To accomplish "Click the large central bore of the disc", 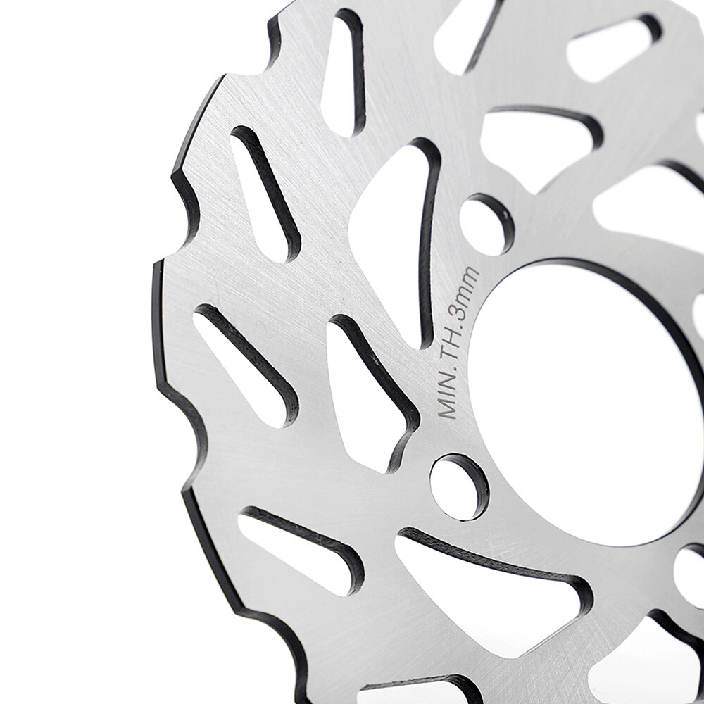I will [x=591, y=401].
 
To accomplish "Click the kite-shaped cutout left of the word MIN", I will [x=366, y=394].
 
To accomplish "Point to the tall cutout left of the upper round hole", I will [x=391, y=232].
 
